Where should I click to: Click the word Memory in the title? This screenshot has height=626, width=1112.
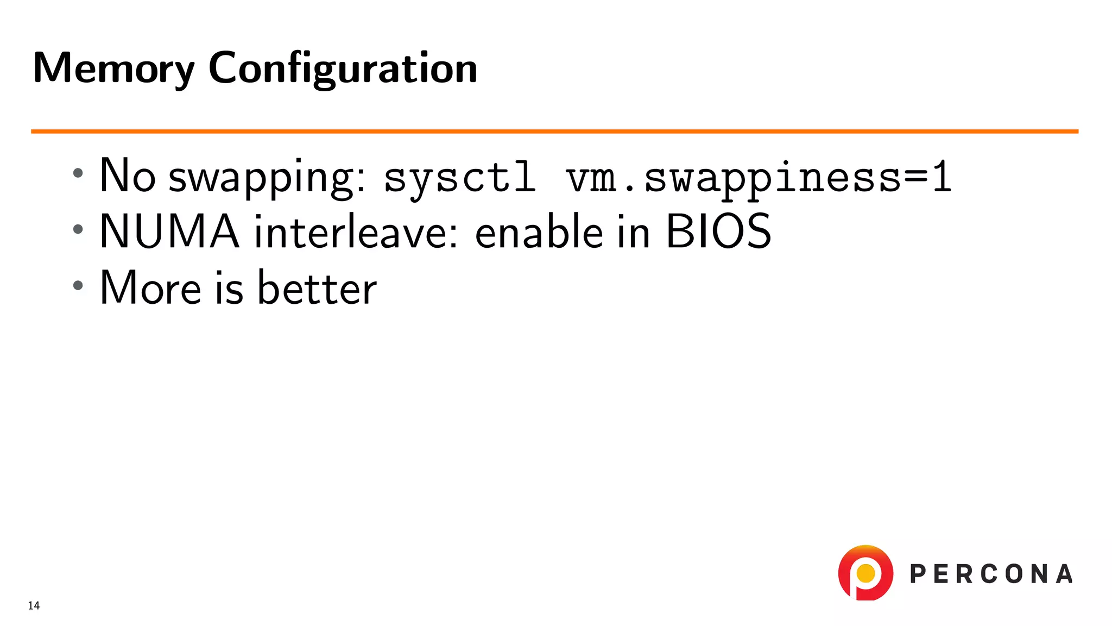click(x=113, y=68)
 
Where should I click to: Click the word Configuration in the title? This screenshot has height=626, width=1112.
click(x=343, y=68)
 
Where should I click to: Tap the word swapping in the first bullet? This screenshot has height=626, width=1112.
click(x=267, y=178)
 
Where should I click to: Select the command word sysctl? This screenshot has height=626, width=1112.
click(x=459, y=178)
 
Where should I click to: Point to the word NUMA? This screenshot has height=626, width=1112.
click(x=169, y=232)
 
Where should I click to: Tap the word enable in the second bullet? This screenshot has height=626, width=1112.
click(x=539, y=232)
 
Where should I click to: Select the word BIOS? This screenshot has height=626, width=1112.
click(x=718, y=232)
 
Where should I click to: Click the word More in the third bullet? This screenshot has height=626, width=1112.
click(x=150, y=288)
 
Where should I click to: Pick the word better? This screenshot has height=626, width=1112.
click(x=317, y=288)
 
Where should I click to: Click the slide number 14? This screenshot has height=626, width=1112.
click(x=34, y=605)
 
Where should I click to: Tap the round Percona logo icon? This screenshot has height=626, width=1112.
click(x=865, y=573)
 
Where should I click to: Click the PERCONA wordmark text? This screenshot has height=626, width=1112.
click(x=991, y=574)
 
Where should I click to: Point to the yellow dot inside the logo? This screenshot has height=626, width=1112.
click(x=865, y=573)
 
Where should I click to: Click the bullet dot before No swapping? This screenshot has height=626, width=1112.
click(x=78, y=173)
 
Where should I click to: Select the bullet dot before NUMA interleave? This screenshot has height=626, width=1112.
click(x=78, y=229)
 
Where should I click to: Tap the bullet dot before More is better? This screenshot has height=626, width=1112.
click(x=78, y=285)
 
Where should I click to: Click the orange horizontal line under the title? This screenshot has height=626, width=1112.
click(x=554, y=131)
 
